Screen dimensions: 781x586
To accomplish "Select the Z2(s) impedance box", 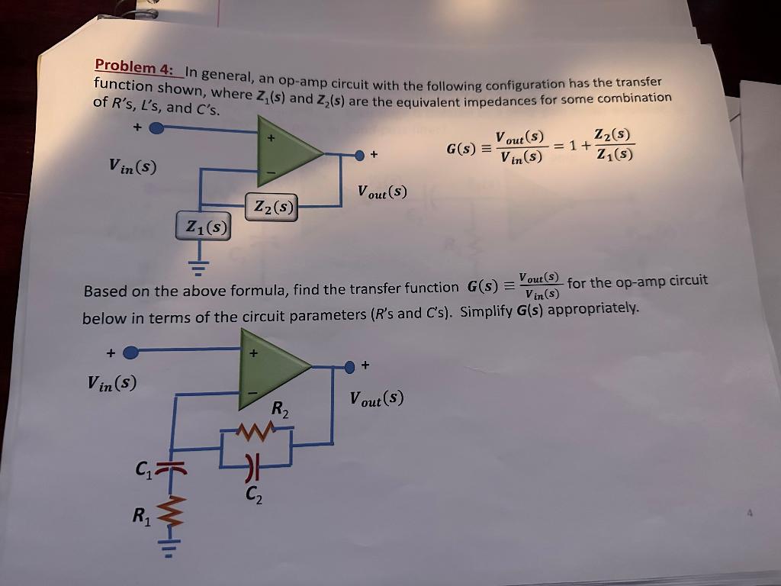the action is (x=272, y=206).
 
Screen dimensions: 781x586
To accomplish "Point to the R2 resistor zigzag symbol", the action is (x=254, y=433).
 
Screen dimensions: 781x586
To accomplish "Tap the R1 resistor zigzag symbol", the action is (x=174, y=513).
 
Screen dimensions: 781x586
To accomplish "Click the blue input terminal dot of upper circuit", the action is (x=156, y=128).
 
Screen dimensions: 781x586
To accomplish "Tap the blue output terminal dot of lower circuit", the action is (x=350, y=369).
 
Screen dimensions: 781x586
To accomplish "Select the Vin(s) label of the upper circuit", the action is (x=133, y=165).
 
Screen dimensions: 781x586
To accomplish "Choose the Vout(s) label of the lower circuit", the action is (x=376, y=398).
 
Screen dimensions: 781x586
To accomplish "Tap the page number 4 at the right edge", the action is (x=750, y=514).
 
